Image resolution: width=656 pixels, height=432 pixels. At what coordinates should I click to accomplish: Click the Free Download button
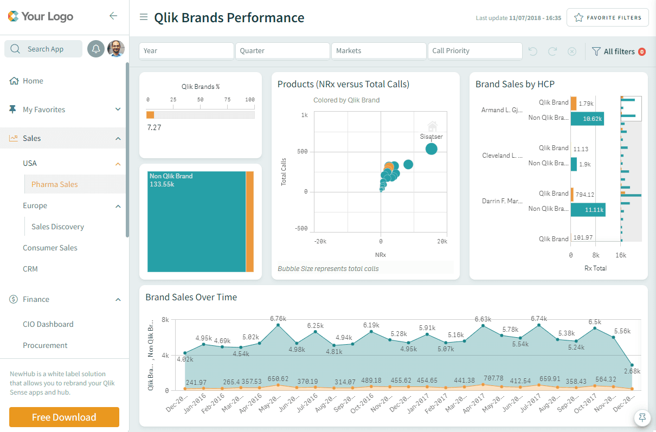coord(64,417)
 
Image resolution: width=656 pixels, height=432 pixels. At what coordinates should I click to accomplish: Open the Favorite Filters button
coord(607,17)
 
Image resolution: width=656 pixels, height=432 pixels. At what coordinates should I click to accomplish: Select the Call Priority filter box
coord(474,50)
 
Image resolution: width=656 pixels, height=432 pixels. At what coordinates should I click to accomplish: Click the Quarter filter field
coord(282,50)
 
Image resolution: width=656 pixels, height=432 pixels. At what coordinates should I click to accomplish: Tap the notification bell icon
coord(96,49)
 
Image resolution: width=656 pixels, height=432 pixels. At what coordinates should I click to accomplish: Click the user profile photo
coord(115,49)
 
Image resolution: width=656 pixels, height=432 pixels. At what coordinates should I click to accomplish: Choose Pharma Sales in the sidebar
coord(54,184)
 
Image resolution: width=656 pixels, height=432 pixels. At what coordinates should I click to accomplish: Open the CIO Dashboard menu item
coord(48,324)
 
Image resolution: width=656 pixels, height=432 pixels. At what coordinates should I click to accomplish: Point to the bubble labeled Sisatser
coord(431,149)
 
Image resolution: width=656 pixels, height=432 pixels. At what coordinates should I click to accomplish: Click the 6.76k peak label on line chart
coord(278,318)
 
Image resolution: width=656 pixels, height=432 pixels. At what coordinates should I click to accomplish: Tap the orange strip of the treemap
coord(250,221)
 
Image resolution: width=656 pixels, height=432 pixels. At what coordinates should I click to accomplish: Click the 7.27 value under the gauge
coord(154,127)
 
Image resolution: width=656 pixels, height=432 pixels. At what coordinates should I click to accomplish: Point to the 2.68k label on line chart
coord(632,371)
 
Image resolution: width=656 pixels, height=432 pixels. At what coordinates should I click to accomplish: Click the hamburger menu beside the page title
coord(144,17)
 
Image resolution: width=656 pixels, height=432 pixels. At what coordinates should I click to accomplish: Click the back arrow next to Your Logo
coord(113,16)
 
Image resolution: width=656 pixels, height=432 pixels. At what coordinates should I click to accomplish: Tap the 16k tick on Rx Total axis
coord(621,255)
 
